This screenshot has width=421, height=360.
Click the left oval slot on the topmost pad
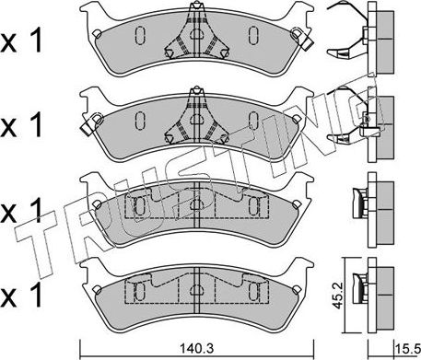140,37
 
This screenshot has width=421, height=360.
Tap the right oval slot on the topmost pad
251,37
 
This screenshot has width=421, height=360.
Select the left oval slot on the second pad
140,120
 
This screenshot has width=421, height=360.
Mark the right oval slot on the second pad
251,120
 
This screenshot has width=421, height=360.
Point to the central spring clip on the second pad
194,118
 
